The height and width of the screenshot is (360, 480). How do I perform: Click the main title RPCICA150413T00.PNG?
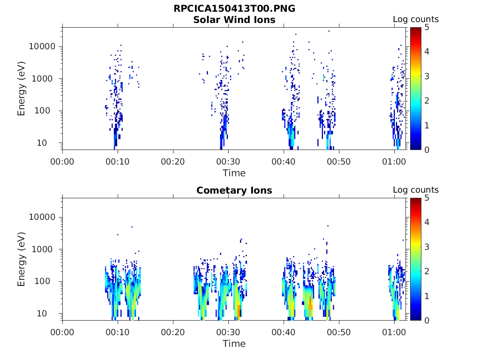[x=234, y=9]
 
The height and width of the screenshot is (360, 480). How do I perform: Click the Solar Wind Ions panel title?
[x=234, y=20]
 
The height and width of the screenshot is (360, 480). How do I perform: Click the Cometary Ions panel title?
[x=234, y=190]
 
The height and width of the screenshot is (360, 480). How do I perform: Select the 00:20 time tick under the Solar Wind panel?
[x=173, y=161]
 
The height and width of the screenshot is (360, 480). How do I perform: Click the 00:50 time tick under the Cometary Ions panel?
[x=339, y=332]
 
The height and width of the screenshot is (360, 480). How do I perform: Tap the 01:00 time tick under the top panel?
[x=394, y=161]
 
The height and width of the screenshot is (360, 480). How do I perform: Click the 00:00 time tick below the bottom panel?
[x=62, y=332]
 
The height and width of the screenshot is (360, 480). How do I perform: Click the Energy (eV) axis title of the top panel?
[x=22, y=89]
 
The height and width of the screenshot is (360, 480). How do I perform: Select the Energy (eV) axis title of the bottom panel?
[x=22, y=259]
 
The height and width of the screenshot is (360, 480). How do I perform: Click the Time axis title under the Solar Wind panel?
[x=234, y=173]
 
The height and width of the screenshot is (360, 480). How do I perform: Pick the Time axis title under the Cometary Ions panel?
[x=234, y=344]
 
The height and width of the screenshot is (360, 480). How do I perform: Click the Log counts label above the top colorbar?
[x=416, y=19]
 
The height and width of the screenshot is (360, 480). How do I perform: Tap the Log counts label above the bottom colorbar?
[x=416, y=190]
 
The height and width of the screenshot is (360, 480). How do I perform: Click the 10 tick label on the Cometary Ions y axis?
[x=51, y=313]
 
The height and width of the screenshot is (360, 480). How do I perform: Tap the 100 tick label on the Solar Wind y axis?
[x=48, y=111]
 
